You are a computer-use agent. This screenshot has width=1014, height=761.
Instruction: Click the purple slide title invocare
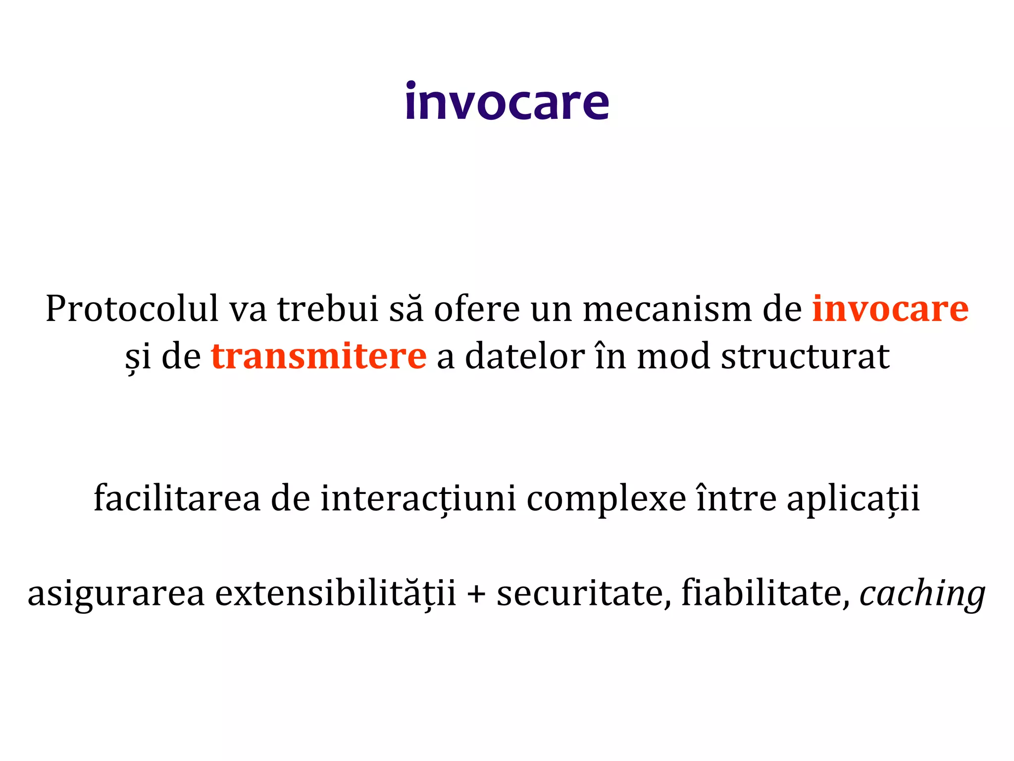[x=507, y=103]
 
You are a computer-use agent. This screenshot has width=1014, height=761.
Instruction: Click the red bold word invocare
[x=890, y=309]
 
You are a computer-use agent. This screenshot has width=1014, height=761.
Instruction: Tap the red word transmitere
[x=318, y=356]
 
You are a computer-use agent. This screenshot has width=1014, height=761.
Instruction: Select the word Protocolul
[x=132, y=309]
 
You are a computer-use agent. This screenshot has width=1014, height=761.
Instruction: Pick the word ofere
[x=477, y=309]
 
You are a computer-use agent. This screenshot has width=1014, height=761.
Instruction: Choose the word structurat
[x=805, y=356]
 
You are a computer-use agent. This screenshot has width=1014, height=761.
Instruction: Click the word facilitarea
[x=177, y=498]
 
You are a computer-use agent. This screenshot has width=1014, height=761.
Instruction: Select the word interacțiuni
[x=418, y=498]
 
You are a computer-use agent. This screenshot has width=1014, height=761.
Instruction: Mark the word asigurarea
[x=116, y=594]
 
